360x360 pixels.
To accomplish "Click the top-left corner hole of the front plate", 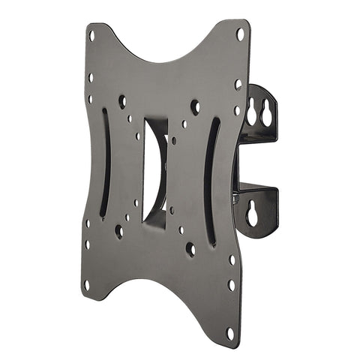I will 91,34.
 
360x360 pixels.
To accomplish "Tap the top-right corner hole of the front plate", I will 240,34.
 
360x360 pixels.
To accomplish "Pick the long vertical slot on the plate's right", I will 211,180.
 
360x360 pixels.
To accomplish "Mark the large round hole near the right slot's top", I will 195,106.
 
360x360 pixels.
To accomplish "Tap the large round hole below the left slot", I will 118,231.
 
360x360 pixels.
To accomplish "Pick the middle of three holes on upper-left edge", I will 91,77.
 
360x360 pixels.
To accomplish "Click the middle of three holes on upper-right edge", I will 238,85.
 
